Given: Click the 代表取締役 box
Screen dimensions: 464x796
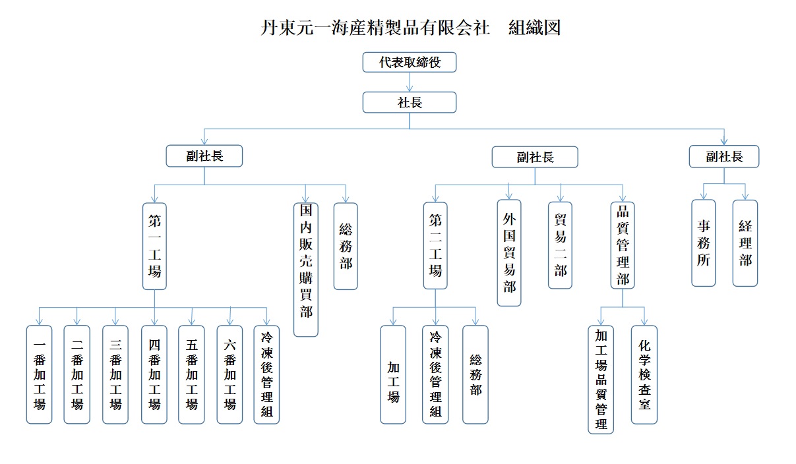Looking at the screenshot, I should point(409,63).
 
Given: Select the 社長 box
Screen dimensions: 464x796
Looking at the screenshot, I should point(409,102).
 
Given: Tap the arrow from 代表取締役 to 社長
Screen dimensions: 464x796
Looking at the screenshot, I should point(410,82).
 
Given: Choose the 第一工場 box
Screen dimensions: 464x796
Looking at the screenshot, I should point(154,246).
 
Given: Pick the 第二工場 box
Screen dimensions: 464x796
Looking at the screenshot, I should point(435,245).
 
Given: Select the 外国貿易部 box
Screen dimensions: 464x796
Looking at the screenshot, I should point(509,252).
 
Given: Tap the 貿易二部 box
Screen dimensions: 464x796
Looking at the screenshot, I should point(560,245).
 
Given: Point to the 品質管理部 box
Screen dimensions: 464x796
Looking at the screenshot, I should point(623,245).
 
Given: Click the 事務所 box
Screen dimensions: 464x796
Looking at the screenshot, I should point(704,243).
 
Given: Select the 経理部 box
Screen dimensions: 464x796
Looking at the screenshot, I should point(745,243).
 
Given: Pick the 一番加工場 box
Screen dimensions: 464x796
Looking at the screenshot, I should point(39,374).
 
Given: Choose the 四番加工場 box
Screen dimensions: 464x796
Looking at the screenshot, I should point(154,374).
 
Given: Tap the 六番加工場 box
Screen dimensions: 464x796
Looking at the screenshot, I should point(230,374).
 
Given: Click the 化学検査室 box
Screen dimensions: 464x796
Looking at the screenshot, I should point(644,374).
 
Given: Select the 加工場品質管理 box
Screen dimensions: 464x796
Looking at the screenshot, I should point(601,379).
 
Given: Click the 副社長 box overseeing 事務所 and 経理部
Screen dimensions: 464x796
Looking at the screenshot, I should point(724,156).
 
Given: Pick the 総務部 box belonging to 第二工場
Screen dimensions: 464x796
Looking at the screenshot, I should point(475,374).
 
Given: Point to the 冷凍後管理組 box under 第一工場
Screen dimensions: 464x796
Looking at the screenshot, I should point(266,374).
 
